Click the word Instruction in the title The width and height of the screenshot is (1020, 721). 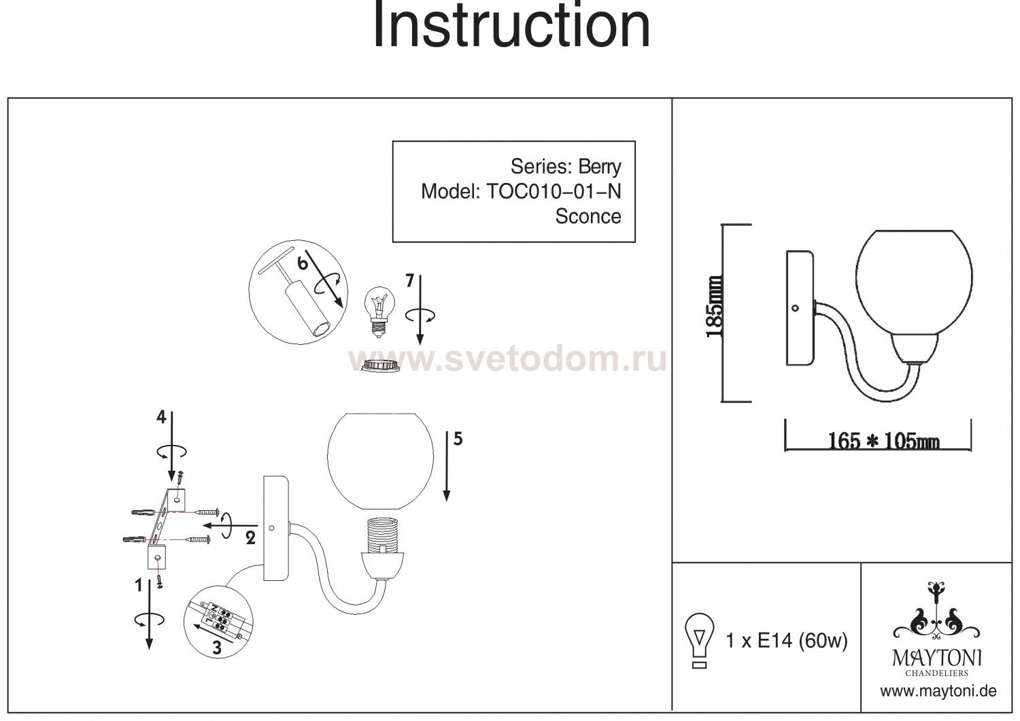(511, 25)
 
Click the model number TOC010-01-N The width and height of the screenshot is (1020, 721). (554, 192)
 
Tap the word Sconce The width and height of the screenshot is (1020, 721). (588, 216)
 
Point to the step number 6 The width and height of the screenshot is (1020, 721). (303, 262)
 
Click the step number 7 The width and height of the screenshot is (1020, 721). (409, 282)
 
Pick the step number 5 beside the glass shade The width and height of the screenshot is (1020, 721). (458, 439)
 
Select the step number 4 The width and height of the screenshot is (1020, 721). (161, 418)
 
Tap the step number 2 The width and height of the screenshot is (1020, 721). (250, 539)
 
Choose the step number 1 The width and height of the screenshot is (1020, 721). (138, 584)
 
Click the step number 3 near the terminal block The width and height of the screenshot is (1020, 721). (217, 648)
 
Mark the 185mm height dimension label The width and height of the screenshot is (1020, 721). (714, 307)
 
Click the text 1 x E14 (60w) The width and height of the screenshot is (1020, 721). (787, 640)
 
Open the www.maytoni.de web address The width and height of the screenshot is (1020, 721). (938, 691)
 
